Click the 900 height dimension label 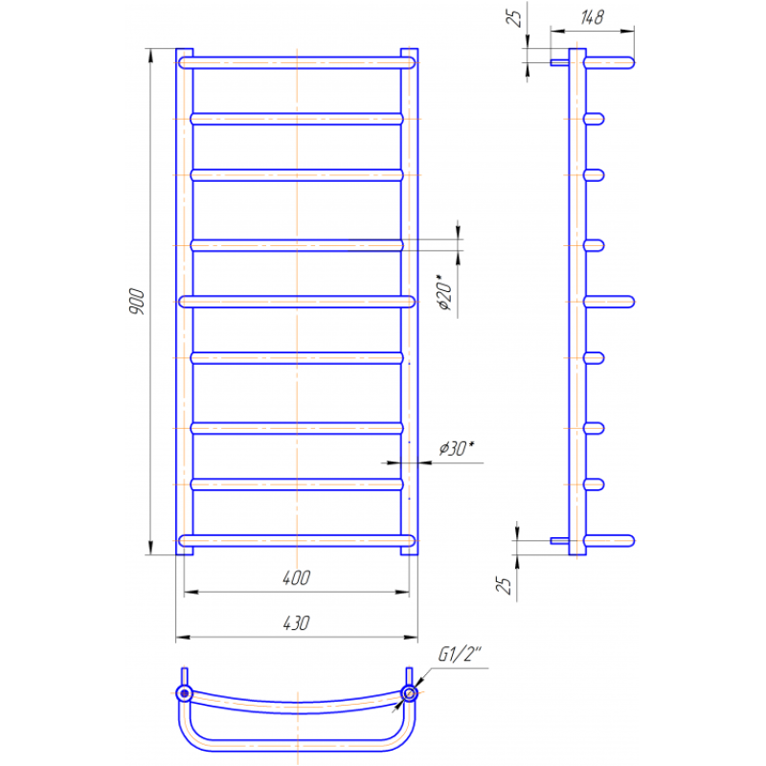coord(138,302)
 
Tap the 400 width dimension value coord(297,578)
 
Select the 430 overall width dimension coord(297,623)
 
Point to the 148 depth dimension coord(592,17)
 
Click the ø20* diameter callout coord(444,293)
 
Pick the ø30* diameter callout coord(457,448)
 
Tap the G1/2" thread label coord(460,654)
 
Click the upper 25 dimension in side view coord(514,18)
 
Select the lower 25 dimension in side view coord(504,584)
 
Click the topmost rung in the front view coord(297,62)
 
